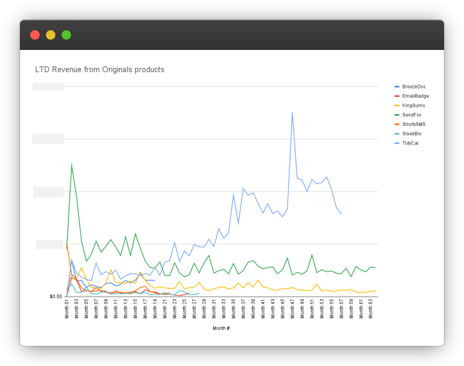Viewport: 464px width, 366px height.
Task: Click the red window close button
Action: coord(35,35)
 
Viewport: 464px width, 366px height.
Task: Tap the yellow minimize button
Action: coord(51,35)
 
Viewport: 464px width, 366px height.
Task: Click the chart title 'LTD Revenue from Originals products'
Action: coord(100,70)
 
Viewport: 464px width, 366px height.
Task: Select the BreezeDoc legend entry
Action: coord(414,87)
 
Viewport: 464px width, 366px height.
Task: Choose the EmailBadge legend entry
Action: coord(415,96)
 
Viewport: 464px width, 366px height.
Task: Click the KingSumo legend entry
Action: coord(413,106)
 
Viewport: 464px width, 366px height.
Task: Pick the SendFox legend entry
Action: coord(411,115)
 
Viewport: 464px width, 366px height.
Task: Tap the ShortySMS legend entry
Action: coord(414,124)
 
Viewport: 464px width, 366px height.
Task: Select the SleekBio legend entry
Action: coord(412,134)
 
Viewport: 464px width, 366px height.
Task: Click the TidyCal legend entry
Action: coord(410,143)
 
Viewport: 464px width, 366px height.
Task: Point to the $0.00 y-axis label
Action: coord(56,297)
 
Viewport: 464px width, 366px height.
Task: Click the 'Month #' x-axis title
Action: coord(221,328)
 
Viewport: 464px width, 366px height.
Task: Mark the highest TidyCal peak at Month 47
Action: coord(292,112)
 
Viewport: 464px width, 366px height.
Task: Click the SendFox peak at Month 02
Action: coord(72,164)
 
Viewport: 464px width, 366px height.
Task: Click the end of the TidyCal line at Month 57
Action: coord(341,214)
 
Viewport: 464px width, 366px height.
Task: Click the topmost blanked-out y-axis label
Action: coord(48,87)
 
